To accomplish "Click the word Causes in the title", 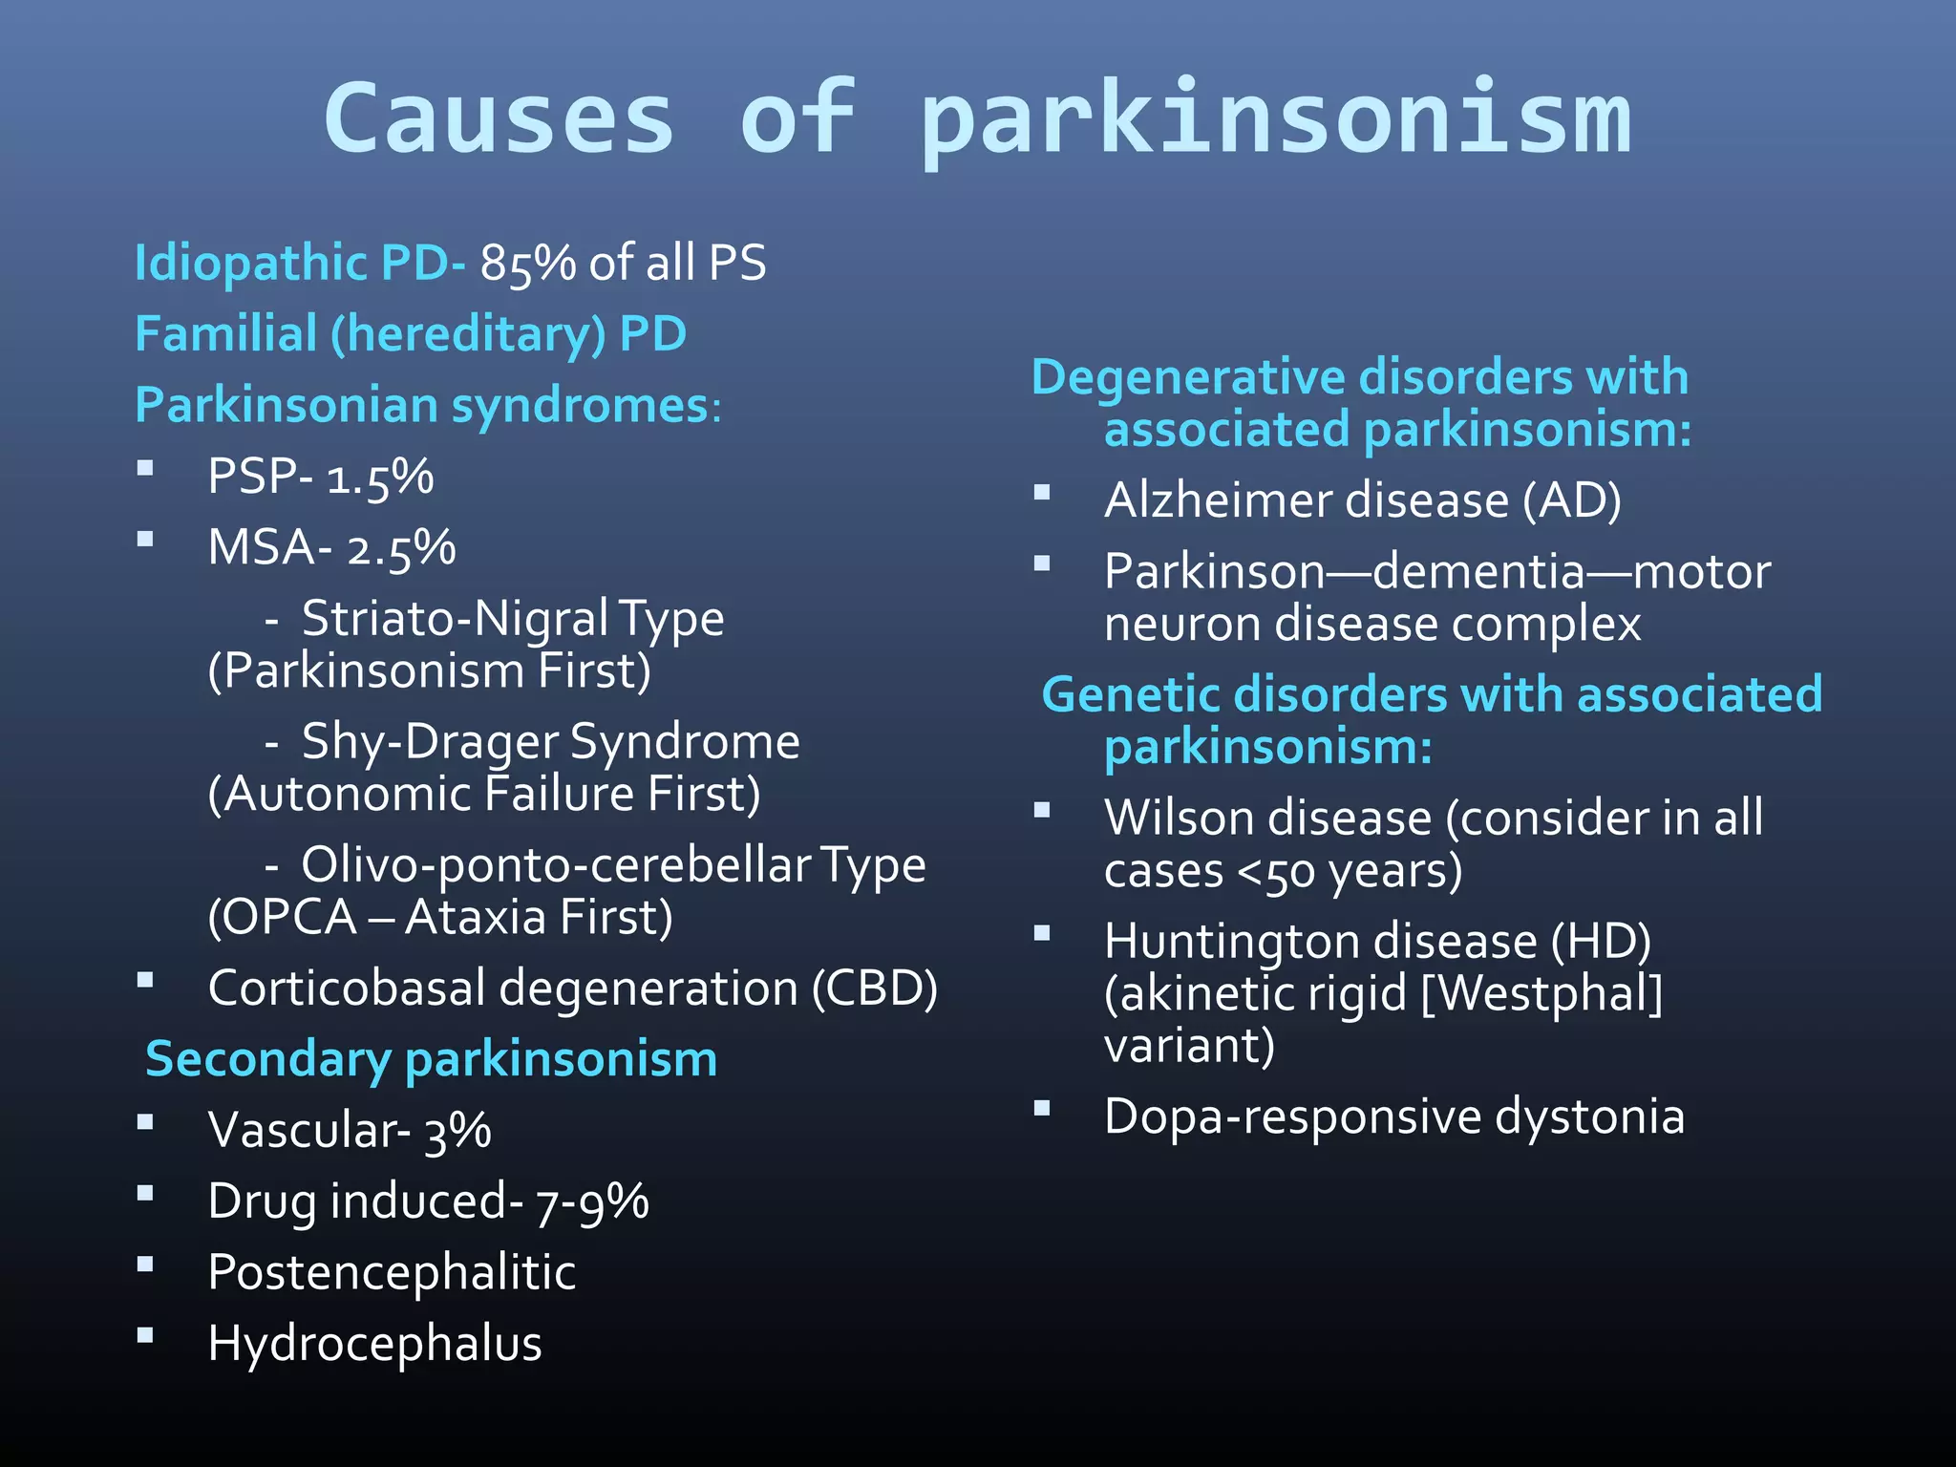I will point(499,118).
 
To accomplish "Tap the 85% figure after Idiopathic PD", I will point(527,263).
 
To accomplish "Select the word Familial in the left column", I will point(225,334).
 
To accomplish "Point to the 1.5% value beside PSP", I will point(380,477).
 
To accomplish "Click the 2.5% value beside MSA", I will point(401,548).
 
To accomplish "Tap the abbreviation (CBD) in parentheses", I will point(874,988).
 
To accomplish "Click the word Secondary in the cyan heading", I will point(268,1059).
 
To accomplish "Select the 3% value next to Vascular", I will point(457,1131).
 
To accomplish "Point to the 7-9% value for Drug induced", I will point(592,1201).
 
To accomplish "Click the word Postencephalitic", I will point(392,1272).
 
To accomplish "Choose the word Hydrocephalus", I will point(374,1344).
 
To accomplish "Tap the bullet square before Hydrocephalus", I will point(145,1336).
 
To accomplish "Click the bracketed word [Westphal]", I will point(1541,993).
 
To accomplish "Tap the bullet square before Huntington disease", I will point(1042,933).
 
